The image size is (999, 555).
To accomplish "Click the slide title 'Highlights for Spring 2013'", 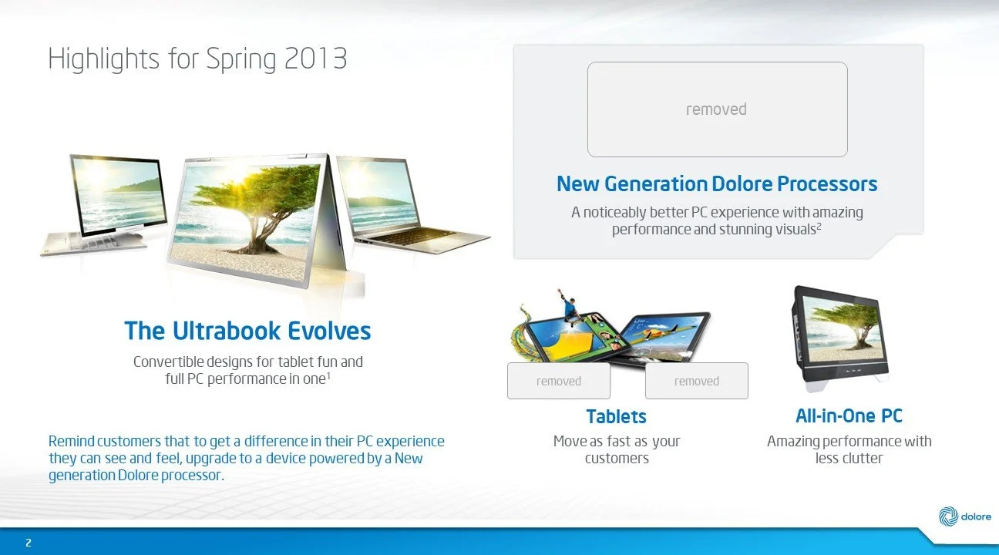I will [197, 59].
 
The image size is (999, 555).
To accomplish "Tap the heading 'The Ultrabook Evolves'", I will [247, 331].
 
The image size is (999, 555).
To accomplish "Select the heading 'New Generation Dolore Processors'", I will [716, 184].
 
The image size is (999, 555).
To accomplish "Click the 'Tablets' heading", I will [616, 417].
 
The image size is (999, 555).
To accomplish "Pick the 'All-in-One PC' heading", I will [849, 416].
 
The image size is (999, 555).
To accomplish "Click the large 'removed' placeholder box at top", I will [717, 109].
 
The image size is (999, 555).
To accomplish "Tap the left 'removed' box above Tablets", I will [558, 381].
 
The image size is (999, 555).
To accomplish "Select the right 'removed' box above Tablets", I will [696, 381].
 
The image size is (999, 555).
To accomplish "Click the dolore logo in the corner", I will [964, 516].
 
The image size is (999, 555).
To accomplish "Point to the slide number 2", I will [29, 543].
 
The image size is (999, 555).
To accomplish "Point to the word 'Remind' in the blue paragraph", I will [72, 442].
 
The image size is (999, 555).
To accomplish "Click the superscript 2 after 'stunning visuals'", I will [819, 226].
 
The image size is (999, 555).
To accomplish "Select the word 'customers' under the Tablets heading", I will [617, 459].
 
